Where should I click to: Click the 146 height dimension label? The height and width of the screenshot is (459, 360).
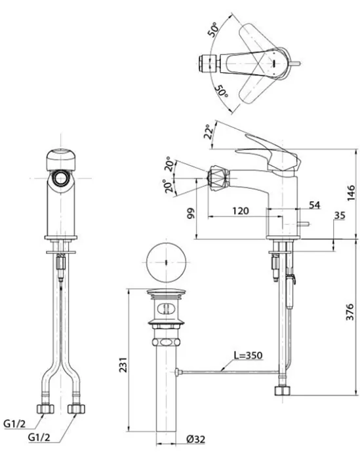pos(351,193)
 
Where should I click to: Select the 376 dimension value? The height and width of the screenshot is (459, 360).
pos(350,312)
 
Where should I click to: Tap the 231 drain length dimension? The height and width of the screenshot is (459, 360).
pos(123,365)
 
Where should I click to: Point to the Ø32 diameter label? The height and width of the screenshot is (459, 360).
pos(195,439)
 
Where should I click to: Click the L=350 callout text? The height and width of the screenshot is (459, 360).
pos(248,355)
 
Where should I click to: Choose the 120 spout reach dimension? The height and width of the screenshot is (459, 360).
pos(241,210)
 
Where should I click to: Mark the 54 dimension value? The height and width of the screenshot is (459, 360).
pos(314,205)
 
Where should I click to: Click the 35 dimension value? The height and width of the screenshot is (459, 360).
pos(340,216)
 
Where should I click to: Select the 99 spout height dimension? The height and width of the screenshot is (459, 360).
pos(191,213)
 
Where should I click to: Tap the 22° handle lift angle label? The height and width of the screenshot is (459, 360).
pos(208,132)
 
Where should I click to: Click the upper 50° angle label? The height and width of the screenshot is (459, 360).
pos(213,30)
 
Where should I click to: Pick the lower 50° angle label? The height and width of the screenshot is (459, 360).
pos(221,92)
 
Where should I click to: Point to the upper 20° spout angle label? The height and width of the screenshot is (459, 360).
pos(169,164)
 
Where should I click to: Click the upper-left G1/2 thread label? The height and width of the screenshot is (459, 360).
pos(14,424)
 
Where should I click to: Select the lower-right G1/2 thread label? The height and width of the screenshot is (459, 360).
pos(39,437)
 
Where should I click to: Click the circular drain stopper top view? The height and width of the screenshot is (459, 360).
pos(166,262)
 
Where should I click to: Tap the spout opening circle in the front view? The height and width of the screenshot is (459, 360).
pos(61,178)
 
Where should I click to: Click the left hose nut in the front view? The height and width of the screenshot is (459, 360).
pos(45,409)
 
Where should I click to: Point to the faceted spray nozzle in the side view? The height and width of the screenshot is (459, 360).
pos(218,178)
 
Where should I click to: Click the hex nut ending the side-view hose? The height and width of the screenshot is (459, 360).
pos(283,391)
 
